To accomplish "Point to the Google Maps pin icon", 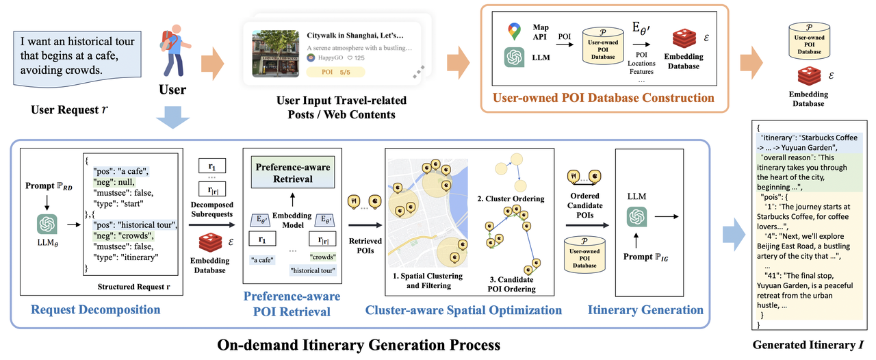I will tap(514, 31).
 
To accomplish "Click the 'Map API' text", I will tap(541, 32).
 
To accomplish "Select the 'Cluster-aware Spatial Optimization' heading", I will tap(463, 310).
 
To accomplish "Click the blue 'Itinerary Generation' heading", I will tap(645, 310).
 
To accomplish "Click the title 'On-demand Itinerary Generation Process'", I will tap(359, 344).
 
